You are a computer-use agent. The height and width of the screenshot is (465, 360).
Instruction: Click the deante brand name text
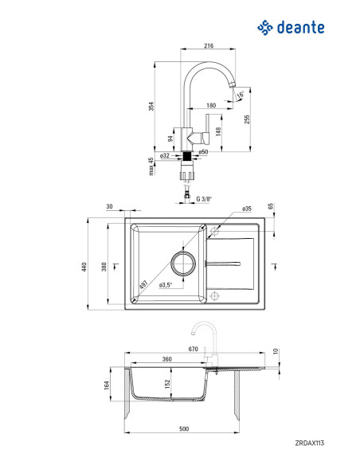[x=300, y=28]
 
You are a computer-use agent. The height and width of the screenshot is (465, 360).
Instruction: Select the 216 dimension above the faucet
[x=209, y=45]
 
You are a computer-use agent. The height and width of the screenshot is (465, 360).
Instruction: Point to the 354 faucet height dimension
[x=151, y=107]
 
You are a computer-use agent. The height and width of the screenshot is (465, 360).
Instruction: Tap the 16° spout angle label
[x=241, y=95]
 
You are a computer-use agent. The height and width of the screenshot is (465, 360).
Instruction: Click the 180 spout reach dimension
[x=211, y=105]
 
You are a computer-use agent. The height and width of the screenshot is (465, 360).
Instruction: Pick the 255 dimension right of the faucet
[x=247, y=119]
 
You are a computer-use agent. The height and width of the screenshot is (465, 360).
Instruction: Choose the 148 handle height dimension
[x=218, y=131]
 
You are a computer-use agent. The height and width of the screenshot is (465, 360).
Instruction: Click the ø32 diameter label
[x=164, y=155]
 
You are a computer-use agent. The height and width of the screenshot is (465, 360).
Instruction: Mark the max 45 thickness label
[x=151, y=166]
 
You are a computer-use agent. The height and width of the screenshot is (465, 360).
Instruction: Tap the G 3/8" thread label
[x=205, y=199]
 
